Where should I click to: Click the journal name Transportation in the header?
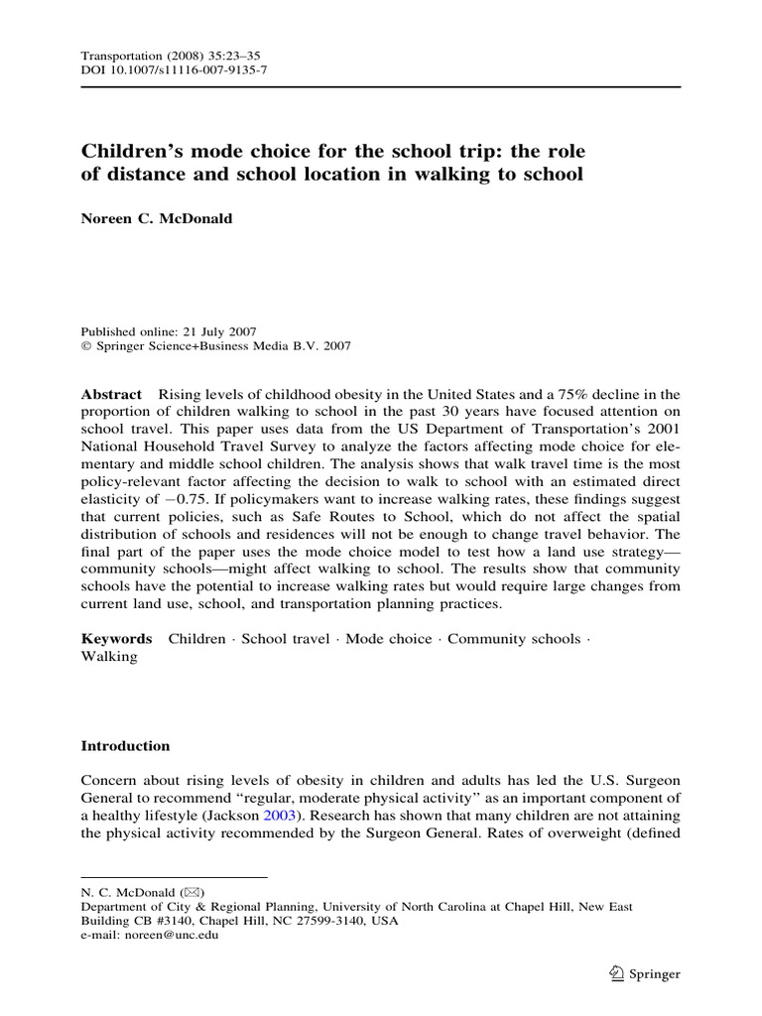tap(118, 57)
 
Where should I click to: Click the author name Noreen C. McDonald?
tap(157, 218)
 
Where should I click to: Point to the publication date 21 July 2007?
tap(213, 331)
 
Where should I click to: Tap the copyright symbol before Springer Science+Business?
tap(85, 346)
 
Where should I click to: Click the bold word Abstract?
tap(111, 394)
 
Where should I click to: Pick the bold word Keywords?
tap(116, 639)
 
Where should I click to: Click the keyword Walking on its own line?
tap(109, 657)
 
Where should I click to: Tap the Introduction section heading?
tap(125, 746)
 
